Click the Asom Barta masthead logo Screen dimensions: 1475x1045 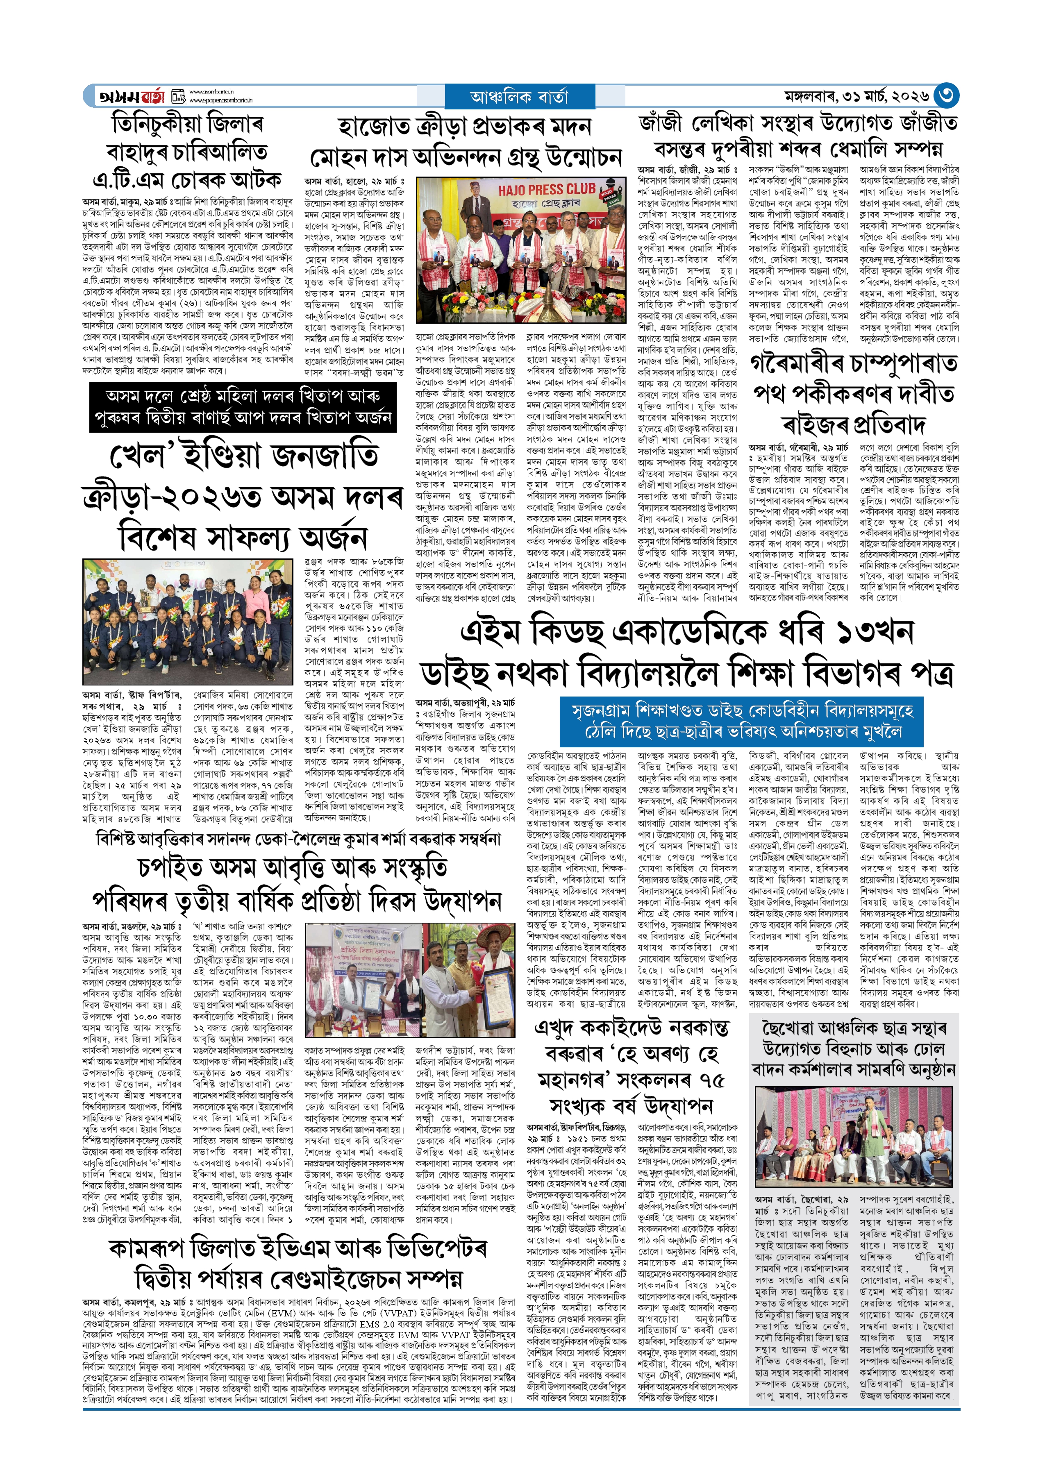pyautogui.click(x=132, y=96)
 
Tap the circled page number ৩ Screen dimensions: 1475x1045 pyautogui.click(x=946, y=96)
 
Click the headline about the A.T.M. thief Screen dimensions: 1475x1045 pyautogui.click(x=187, y=151)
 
